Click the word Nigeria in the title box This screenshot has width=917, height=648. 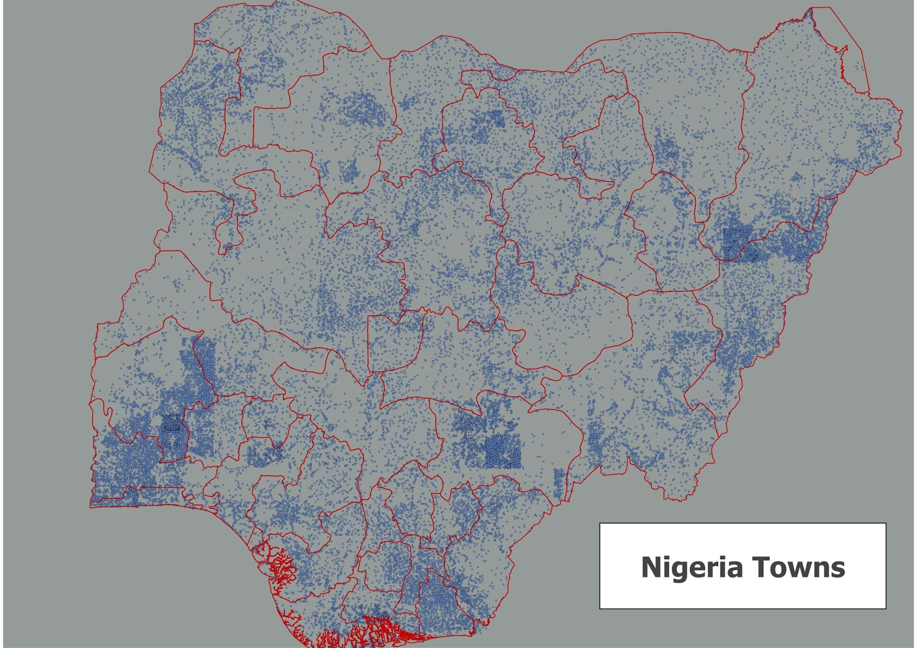point(692,567)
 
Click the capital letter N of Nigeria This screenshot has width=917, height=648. point(651,567)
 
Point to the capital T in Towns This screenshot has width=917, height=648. point(760,567)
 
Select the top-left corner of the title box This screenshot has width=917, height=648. point(600,524)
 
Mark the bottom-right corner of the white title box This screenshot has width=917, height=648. point(885,608)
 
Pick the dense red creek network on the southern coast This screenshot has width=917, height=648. point(373,630)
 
